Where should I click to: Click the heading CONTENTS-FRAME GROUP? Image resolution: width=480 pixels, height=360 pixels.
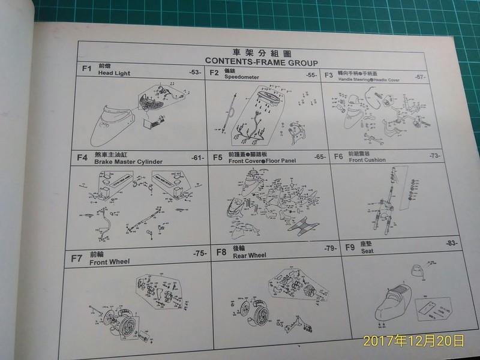pos(260,61)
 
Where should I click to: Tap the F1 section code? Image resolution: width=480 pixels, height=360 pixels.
pos(86,69)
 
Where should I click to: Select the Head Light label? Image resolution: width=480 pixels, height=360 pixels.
pos(114,74)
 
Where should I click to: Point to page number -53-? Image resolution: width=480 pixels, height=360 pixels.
pos(194,73)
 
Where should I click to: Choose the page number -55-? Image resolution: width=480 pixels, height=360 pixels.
pos(311,75)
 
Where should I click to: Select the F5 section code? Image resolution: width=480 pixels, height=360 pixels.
pos(218,158)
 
